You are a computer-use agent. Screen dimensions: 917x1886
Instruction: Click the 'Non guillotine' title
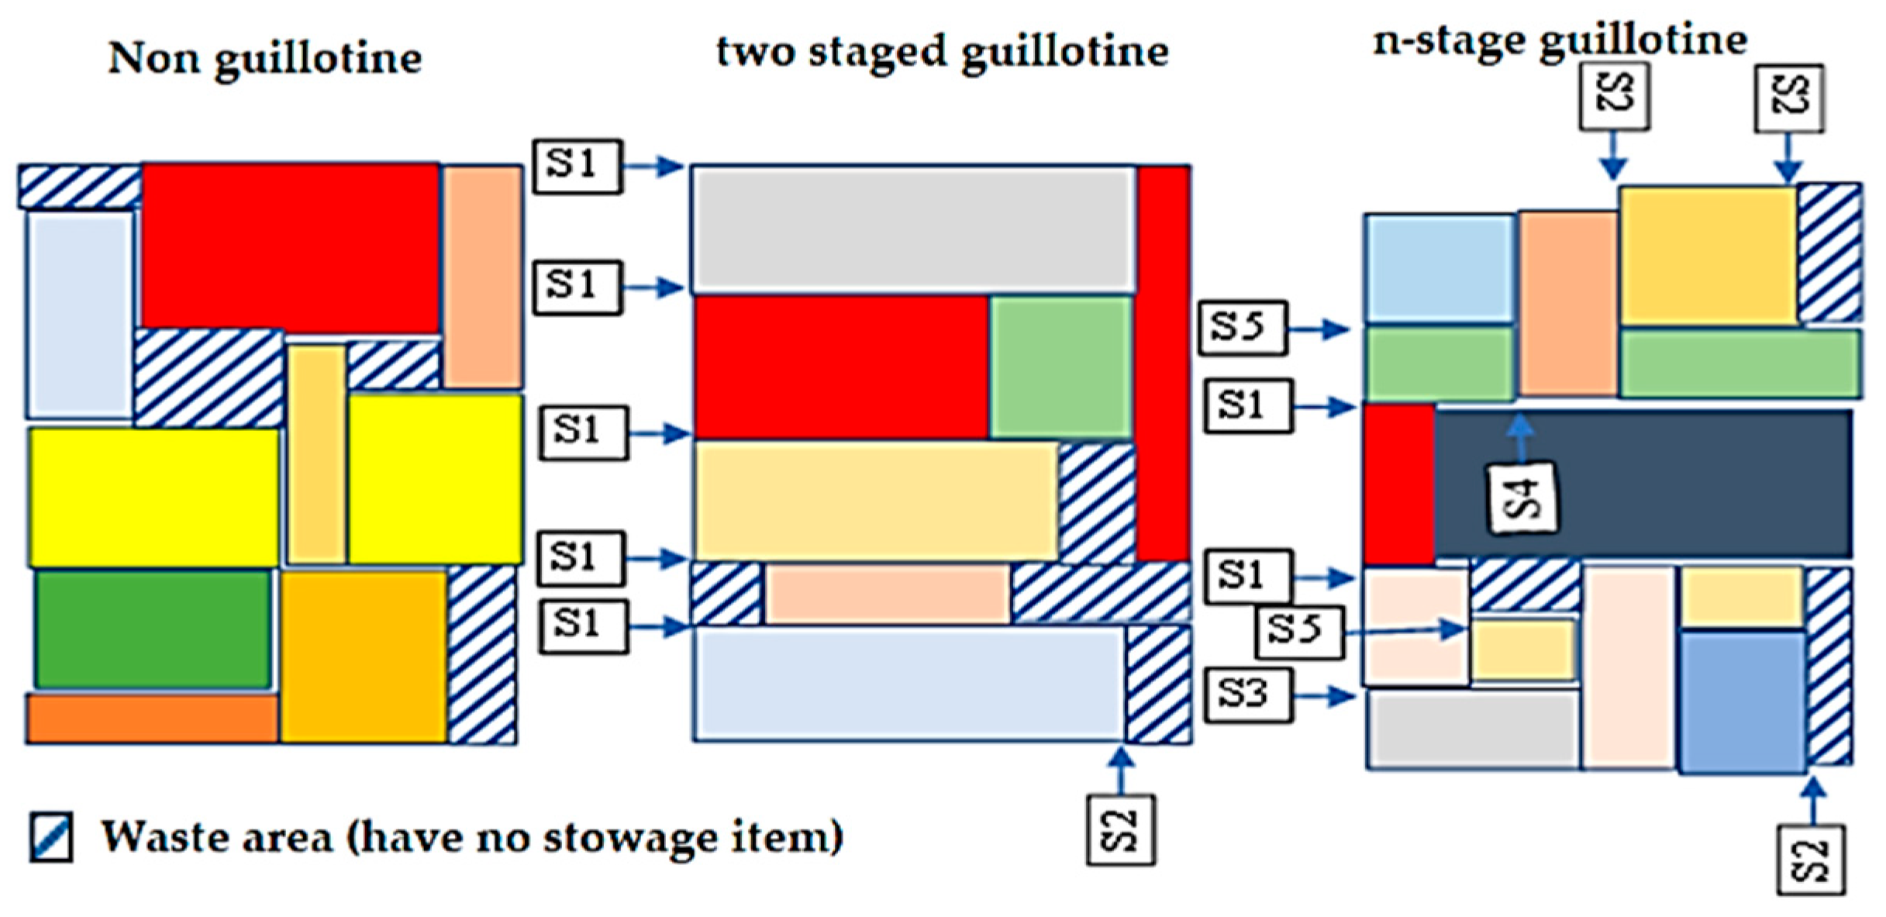264,59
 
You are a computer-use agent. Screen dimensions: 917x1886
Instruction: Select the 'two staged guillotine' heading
942,53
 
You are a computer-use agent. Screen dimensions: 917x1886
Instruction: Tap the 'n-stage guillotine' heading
1560,40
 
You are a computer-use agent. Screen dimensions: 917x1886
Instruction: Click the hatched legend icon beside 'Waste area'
52,836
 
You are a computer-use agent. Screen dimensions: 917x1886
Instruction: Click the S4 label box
1522,498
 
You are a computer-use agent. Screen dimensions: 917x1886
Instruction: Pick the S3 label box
1248,695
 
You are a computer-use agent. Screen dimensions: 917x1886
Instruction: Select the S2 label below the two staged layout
1120,829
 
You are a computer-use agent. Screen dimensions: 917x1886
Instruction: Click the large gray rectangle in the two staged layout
913,229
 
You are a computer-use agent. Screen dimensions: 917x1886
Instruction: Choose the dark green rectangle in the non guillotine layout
153,629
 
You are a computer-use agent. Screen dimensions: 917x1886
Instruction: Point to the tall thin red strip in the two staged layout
1164,363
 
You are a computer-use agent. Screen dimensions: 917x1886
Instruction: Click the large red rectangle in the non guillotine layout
290,248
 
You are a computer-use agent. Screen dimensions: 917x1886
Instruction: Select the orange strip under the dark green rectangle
153,719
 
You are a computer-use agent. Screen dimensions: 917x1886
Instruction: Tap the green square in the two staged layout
1061,367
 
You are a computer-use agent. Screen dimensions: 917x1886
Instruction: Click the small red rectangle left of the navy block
1398,484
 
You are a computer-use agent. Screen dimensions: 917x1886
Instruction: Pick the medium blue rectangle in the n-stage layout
1741,702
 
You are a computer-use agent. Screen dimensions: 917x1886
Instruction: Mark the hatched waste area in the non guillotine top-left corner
79,187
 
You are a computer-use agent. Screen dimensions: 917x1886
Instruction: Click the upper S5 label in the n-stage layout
1243,328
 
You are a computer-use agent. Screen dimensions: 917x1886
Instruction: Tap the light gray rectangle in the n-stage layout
1473,729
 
